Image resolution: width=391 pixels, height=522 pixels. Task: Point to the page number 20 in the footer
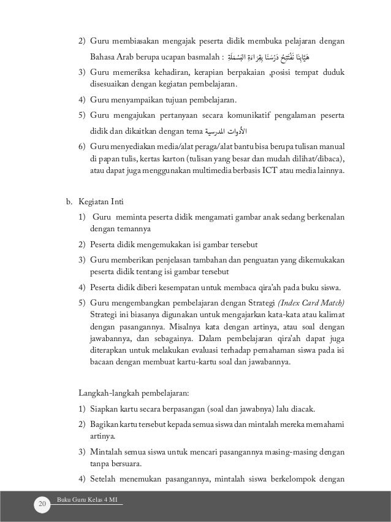pos(42,504)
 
